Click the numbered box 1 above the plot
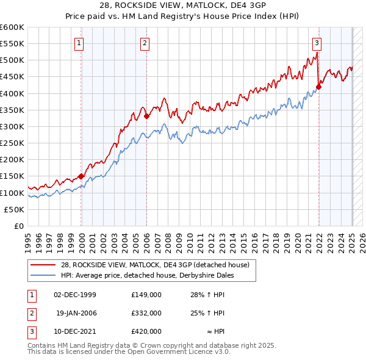tap(80, 43)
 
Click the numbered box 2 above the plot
tap(145, 43)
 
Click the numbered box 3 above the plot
tap(317, 43)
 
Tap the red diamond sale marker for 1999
tap(81, 177)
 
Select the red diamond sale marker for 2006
tap(146, 116)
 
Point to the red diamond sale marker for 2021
tap(318, 87)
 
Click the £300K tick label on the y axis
tap(12, 127)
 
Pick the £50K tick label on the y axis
tap(14, 209)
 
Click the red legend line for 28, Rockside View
tap(43, 265)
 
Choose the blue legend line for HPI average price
tap(43, 275)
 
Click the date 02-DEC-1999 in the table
tap(75, 295)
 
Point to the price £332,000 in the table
tap(146, 313)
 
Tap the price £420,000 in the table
tap(146, 331)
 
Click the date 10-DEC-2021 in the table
tap(75, 331)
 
